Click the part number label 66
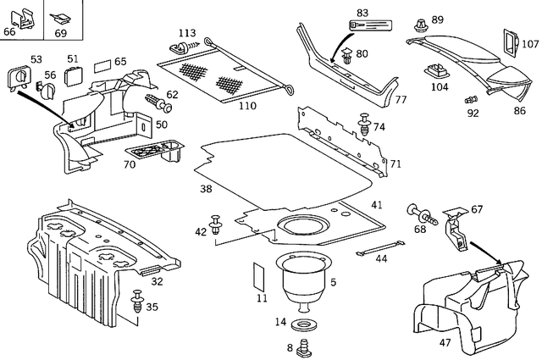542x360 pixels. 9,31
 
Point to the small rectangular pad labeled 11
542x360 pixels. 261,278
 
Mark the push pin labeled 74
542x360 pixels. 366,124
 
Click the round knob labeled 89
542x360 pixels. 421,23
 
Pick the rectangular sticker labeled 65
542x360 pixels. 100,64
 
